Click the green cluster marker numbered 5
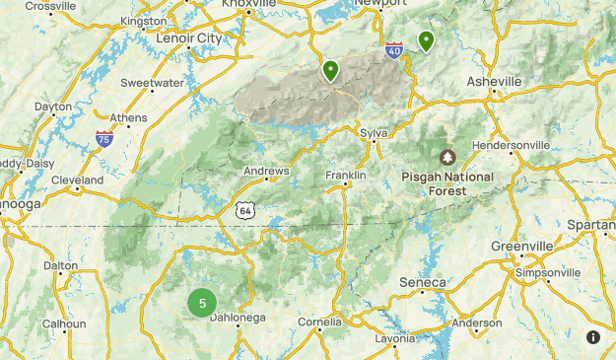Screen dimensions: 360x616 click(x=202, y=303)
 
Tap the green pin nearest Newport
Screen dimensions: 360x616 click(x=426, y=40)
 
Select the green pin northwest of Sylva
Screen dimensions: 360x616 click(x=330, y=70)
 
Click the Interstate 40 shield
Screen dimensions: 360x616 click(x=394, y=50)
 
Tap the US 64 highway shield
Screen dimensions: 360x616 click(x=245, y=209)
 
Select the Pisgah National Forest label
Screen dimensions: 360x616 click(x=447, y=183)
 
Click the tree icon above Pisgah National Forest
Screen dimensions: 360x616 click(x=447, y=157)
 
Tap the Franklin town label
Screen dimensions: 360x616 click(x=346, y=176)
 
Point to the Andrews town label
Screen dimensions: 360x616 click(x=267, y=172)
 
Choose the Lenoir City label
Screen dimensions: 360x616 click(x=189, y=38)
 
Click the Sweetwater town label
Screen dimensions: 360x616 click(x=153, y=84)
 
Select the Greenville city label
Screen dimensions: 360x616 click(x=522, y=246)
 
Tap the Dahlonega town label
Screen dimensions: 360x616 click(x=239, y=317)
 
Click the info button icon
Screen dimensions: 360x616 click(x=593, y=337)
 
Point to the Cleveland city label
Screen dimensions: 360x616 click(x=78, y=180)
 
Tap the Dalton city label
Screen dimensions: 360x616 click(x=61, y=265)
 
